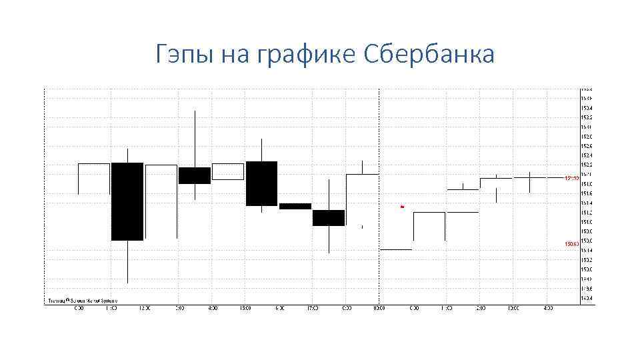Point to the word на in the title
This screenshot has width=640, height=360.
point(233,55)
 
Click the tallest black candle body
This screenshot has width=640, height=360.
point(127,201)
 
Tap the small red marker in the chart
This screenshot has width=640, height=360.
point(402,207)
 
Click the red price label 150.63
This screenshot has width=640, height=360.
point(571,245)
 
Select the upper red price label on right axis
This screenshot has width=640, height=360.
point(571,178)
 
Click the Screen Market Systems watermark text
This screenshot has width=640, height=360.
point(79,301)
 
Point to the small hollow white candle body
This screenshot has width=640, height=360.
point(228,171)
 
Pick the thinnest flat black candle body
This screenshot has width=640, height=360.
point(295,206)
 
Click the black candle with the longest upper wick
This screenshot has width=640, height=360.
point(195,175)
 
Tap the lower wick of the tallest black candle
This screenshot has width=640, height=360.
point(127,261)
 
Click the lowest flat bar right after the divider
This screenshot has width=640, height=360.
point(396,249)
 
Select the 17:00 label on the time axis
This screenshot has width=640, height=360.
point(313,309)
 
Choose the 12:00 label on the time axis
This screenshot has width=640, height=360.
point(145,309)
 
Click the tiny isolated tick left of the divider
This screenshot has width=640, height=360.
point(362,227)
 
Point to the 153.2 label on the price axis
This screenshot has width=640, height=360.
point(586,117)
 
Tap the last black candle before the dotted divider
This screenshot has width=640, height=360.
point(329,217)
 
